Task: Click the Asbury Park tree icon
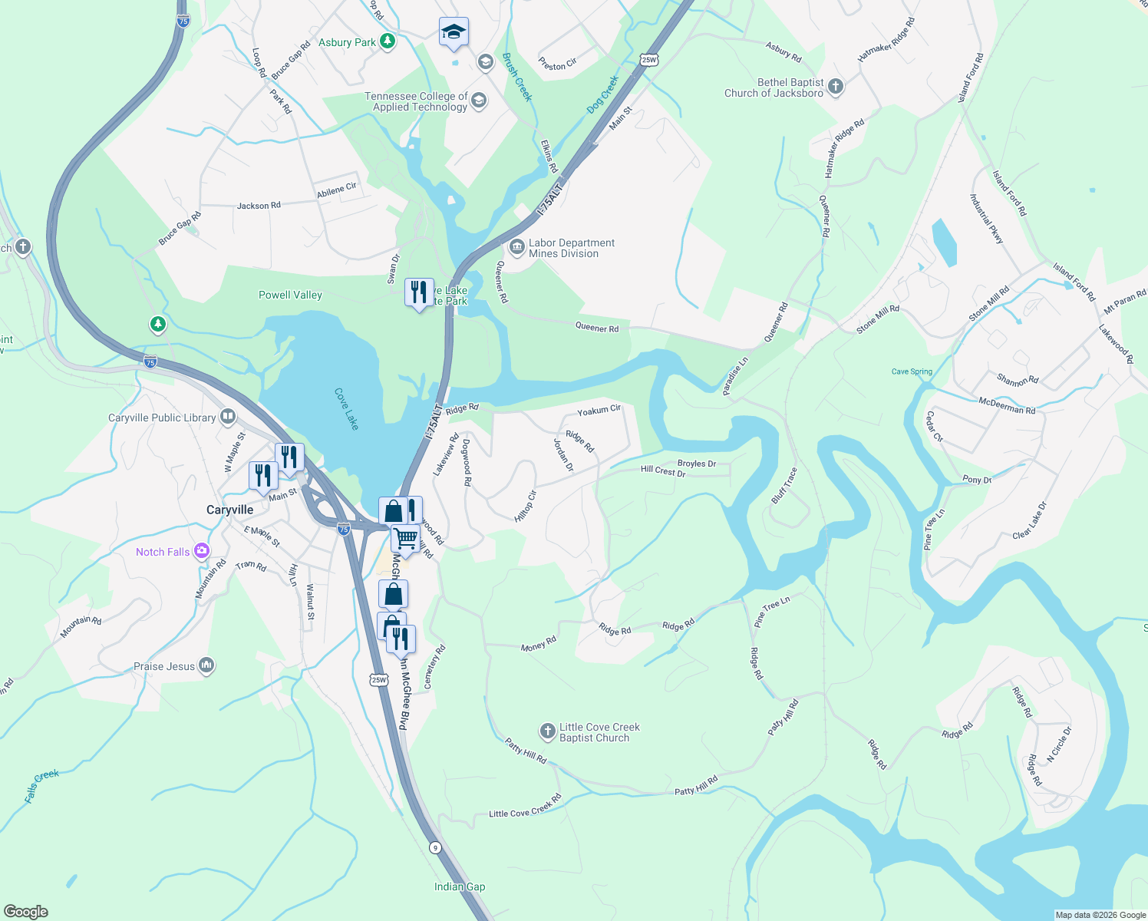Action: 388,41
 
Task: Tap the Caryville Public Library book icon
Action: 228,417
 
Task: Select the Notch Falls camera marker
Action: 202,550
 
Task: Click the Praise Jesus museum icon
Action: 206,665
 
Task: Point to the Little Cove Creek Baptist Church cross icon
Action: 547,731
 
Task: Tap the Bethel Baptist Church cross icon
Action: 836,86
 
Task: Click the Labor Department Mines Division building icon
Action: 516,247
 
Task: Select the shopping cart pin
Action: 405,539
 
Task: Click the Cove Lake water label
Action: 347,408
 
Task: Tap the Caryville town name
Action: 229,510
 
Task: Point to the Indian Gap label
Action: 460,886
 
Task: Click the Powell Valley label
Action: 290,295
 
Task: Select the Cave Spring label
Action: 912,371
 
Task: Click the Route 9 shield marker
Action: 435,847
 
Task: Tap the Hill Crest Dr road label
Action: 663,471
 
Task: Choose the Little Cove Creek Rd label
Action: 526,806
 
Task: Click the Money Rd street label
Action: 538,645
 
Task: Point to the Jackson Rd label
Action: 259,206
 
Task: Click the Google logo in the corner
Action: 26,912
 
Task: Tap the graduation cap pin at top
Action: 454,32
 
